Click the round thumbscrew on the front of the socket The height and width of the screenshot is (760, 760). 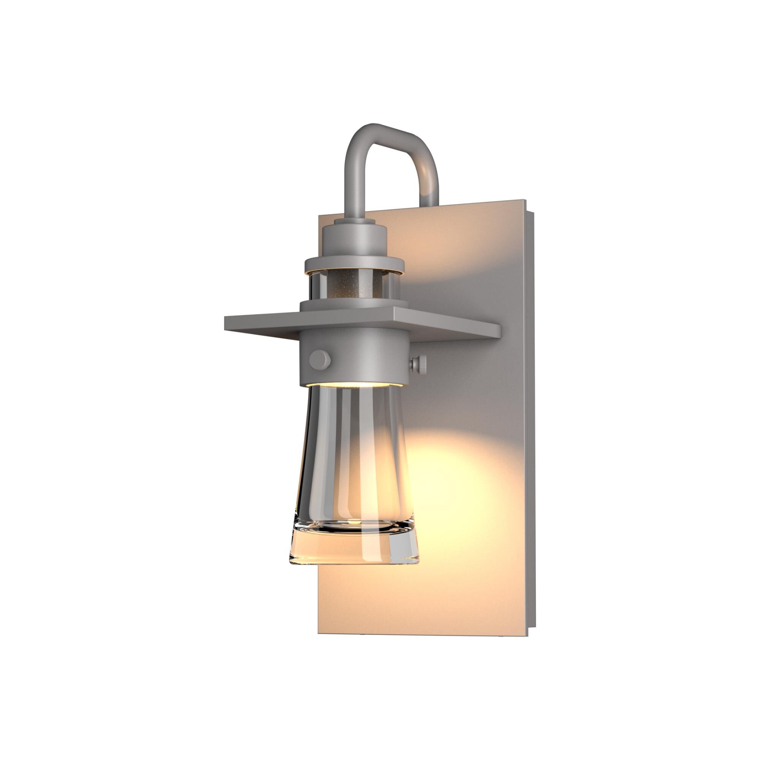pos(320,359)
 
